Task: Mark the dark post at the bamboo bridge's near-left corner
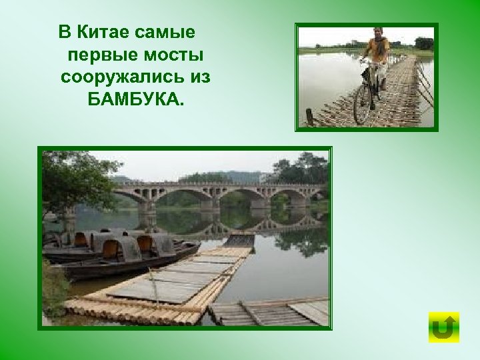point(309,116)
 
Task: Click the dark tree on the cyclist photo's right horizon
point(423,43)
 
